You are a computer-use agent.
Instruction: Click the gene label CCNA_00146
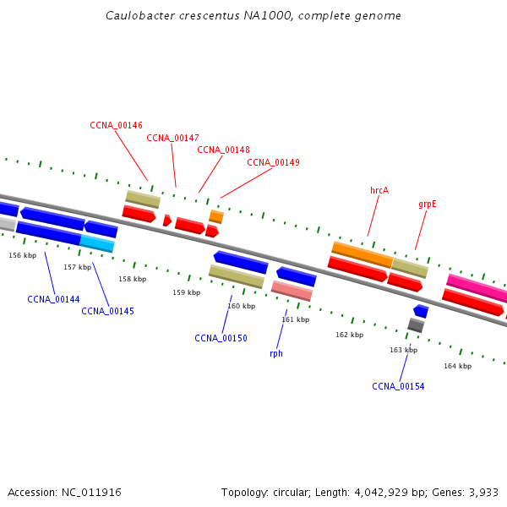[x=116, y=125]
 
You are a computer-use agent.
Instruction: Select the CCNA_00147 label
[x=172, y=138]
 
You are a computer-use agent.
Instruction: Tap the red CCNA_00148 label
[x=223, y=150]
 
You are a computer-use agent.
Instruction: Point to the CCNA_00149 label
[x=273, y=162]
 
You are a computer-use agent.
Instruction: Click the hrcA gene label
[x=379, y=190]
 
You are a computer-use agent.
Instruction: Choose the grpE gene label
[x=427, y=204]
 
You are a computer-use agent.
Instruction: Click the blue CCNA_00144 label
[x=53, y=299]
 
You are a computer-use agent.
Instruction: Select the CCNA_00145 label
[x=107, y=311]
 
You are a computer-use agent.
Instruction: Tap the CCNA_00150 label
[x=221, y=338]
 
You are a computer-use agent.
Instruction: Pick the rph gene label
[x=276, y=353]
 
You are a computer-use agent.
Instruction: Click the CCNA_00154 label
[x=398, y=386]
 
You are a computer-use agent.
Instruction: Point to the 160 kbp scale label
[x=241, y=306]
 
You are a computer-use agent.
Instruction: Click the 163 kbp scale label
[x=403, y=350]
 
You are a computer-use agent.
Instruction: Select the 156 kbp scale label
[x=23, y=255]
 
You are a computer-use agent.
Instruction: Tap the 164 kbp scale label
[x=457, y=366]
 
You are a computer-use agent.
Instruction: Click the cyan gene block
[x=97, y=243]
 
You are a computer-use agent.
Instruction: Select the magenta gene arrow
[x=477, y=287]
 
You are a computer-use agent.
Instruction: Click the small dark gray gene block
[x=415, y=324]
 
